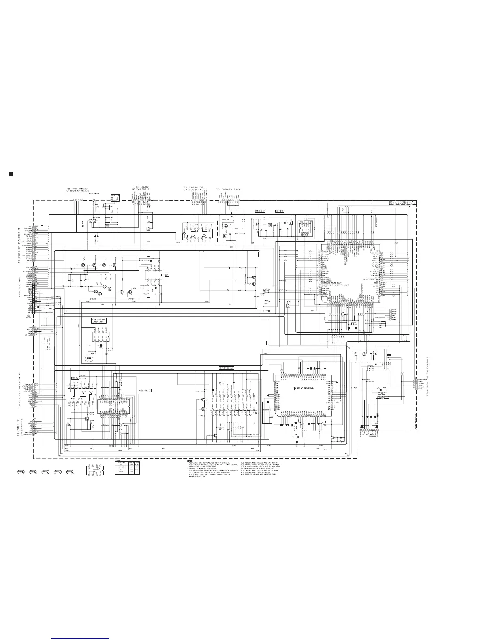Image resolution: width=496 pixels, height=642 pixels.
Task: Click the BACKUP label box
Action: tap(260, 211)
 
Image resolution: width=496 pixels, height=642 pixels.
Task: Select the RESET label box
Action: tap(279, 211)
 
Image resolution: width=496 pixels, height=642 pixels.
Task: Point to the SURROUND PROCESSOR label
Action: tap(310, 389)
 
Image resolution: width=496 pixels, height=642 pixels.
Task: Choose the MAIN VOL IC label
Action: tap(145, 390)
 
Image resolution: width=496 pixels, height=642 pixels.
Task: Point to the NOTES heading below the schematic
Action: tap(190, 461)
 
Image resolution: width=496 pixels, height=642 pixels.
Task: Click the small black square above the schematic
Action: tap(11, 174)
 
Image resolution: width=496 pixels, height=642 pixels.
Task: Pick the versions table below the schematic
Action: tap(128, 468)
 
